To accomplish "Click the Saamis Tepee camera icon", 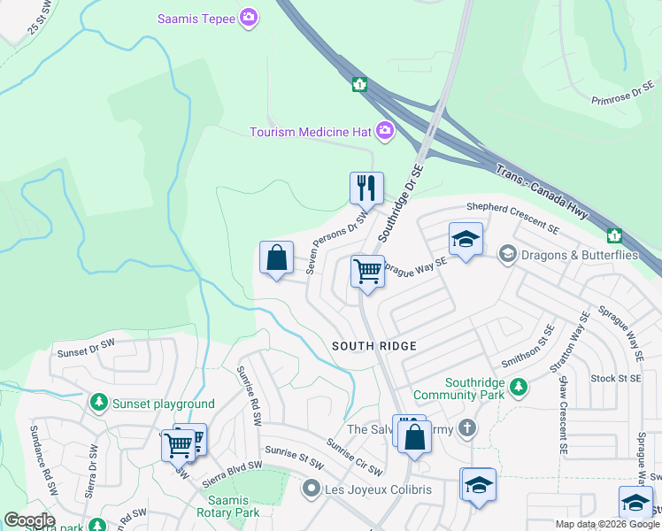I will (x=249, y=18).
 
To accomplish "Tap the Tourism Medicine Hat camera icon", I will (x=385, y=132).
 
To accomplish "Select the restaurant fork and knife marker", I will (x=366, y=189).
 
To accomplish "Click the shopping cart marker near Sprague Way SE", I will (x=366, y=271).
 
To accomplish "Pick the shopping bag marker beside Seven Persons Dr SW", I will (x=276, y=258).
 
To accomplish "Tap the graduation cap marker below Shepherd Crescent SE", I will (x=466, y=238).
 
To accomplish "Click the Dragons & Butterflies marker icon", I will (x=507, y=255).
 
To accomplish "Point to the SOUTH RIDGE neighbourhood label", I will (x=373, y=345).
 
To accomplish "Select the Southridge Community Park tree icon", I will (x=519, y=387).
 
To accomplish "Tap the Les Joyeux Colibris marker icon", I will (x=311, y=489).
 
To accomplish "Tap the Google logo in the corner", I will (x=29, y=520).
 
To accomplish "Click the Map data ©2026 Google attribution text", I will (x=606, y=524).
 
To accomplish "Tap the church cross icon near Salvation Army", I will (x=468, y=429).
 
